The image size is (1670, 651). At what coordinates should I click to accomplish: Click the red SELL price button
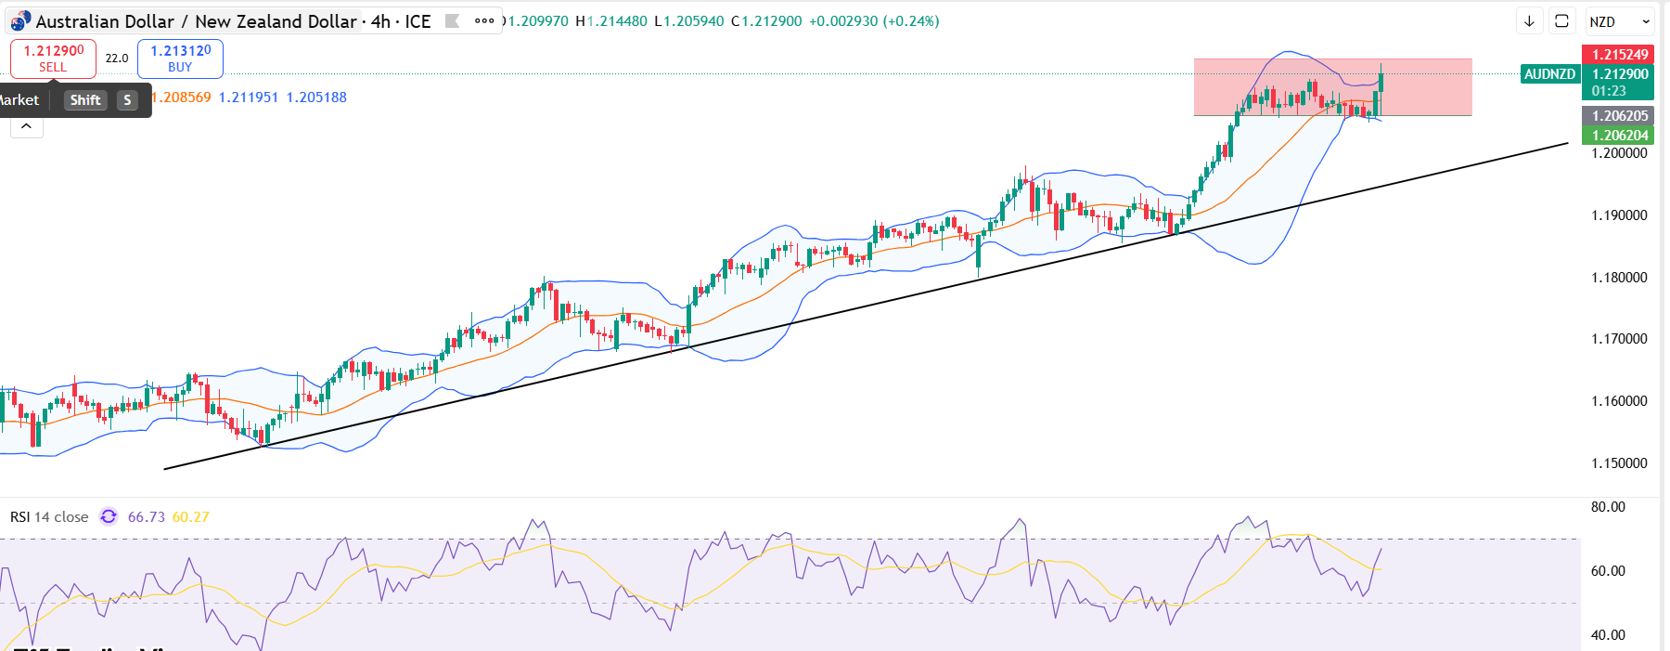[53, 59]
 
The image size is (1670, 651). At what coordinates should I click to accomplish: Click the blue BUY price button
[180, 59]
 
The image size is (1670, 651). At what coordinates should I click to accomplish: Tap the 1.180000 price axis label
[1619, 278]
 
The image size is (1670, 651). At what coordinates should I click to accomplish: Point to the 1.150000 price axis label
[1619, 463]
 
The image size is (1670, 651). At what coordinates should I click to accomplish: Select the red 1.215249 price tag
[1619, 55]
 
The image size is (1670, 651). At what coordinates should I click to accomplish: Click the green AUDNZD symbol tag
[1549, 74]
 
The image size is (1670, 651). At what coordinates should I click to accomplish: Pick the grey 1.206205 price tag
[1619, 116]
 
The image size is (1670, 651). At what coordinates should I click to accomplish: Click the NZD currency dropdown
[1619, 21]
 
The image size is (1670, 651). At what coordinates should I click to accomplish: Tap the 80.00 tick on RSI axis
[1608, 507]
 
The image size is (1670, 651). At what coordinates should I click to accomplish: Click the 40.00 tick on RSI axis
[1608, 635]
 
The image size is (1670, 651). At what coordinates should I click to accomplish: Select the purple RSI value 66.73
[146, 517]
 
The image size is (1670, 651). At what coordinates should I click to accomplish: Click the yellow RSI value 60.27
[190, 517]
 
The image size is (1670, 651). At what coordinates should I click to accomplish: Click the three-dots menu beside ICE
[484, 21]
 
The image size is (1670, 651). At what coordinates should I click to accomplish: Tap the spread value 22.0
[117, 59]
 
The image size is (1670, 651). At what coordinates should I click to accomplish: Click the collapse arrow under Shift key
[27, 126]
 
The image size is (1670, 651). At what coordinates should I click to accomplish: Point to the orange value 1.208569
[181, 98]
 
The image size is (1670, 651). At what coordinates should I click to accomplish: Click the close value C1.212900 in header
[766, 21]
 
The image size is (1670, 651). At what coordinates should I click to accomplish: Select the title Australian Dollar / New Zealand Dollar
[196, 21]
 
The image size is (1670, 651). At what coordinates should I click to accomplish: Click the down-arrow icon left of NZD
[1529, 21]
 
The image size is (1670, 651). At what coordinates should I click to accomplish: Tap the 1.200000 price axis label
[1619, 153]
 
